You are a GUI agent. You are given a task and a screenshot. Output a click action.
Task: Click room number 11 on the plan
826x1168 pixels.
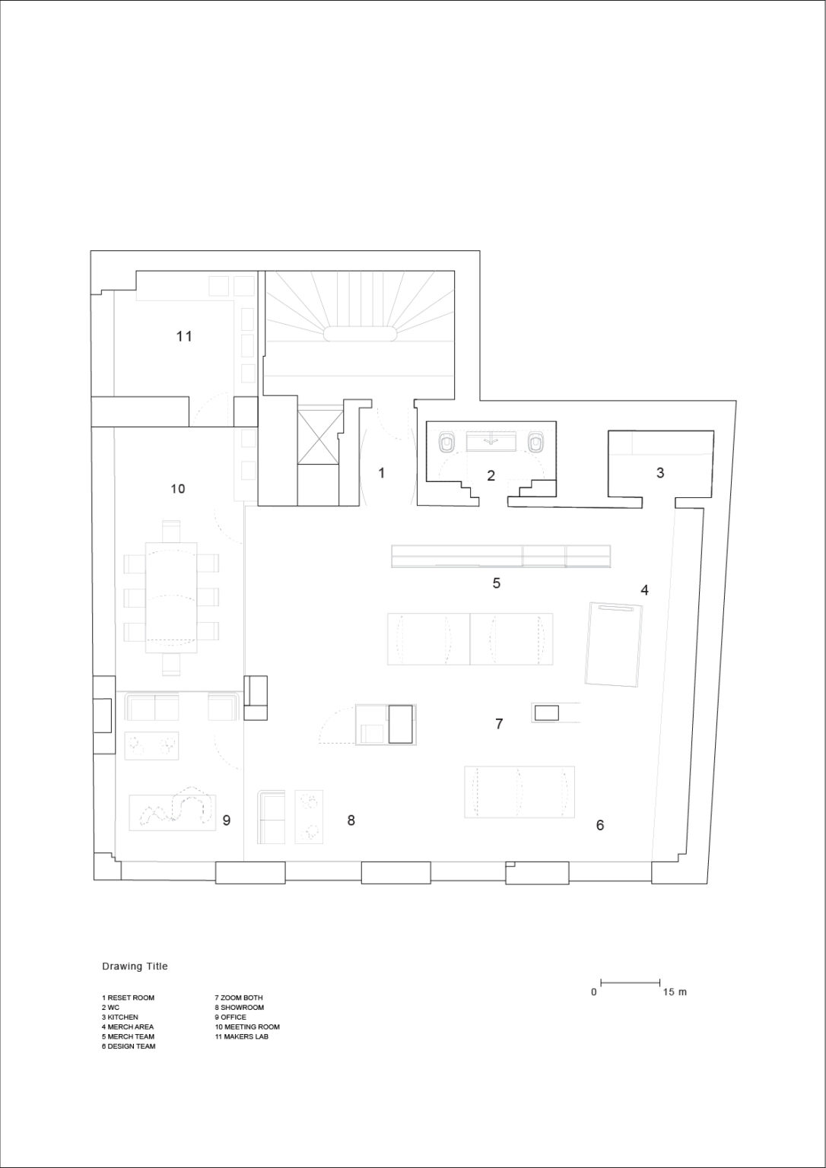click(184, 336)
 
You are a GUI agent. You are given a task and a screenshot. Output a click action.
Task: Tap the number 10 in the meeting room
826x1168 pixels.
click(178, 489)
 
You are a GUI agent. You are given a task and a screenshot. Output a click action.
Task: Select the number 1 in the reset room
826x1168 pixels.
click(382, 473)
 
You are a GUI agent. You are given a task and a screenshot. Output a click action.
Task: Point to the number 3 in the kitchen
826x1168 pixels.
click(660, 473)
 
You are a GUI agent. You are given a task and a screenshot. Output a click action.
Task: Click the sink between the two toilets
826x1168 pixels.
click(491, 441)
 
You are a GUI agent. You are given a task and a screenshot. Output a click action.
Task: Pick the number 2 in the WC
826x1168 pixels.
click(491, 475)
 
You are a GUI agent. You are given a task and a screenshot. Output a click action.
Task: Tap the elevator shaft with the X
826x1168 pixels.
click(318, 436)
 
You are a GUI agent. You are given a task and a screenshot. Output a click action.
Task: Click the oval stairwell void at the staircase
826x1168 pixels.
click(360, 334)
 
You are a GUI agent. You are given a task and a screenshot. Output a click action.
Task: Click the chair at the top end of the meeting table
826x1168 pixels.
click(171, 531)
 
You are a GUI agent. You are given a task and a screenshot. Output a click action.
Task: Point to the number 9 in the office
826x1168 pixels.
click(227, 820)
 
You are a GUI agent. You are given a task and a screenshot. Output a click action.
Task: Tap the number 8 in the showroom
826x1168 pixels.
click(351, 820)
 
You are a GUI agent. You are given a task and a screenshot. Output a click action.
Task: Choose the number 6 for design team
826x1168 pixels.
click(600, 825)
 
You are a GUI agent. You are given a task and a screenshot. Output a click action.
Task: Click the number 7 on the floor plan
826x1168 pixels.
click(499, 724)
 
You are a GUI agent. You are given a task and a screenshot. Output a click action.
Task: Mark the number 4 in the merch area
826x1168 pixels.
click(644, 590)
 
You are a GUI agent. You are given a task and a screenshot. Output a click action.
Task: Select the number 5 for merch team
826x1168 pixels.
click(497, 583)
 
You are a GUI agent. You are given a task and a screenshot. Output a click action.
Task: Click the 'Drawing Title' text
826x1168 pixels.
click(135, 966)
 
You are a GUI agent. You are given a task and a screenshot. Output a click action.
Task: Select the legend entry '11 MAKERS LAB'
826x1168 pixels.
click(241, 1036)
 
